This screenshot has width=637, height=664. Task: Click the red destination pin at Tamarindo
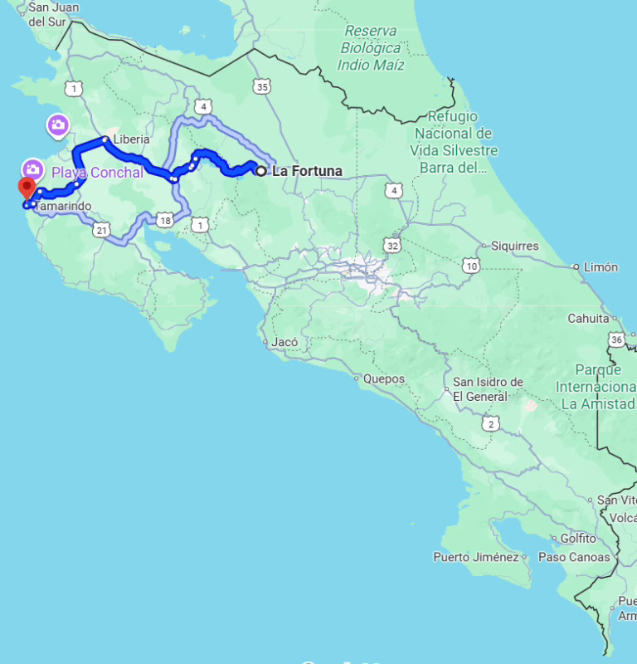(x=27, y=188)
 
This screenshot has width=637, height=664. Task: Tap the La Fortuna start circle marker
(x=260, y=171)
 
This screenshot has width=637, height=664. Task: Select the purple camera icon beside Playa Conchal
(x=34, y=169)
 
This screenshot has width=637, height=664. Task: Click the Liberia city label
(x=132, y=139)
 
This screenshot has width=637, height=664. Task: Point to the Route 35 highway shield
(x=263, y=85)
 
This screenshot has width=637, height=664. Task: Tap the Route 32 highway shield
(x=392, y=245)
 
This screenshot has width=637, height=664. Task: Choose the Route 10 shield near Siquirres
(x=471, y=266)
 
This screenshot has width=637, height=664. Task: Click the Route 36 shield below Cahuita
(x=615, y=339)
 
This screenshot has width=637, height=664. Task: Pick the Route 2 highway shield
(x=492, y=424)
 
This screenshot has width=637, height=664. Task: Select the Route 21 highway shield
(x=102, y=230)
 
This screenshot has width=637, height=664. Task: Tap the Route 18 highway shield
(x=164, y=220)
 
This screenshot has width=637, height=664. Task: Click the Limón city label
(x=601, y=267)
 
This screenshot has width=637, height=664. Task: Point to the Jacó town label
(x=284, y=342)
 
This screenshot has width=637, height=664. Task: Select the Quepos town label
(x=383, y=379)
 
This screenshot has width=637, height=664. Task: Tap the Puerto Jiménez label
(x=475, y=557)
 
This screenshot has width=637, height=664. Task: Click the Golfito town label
(x=578, y=538)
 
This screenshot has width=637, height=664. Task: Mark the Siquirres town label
(x=514, y=247)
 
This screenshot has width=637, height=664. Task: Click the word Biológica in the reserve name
(x=371, y=47)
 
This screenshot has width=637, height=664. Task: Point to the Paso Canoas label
(x=574, y=557)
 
